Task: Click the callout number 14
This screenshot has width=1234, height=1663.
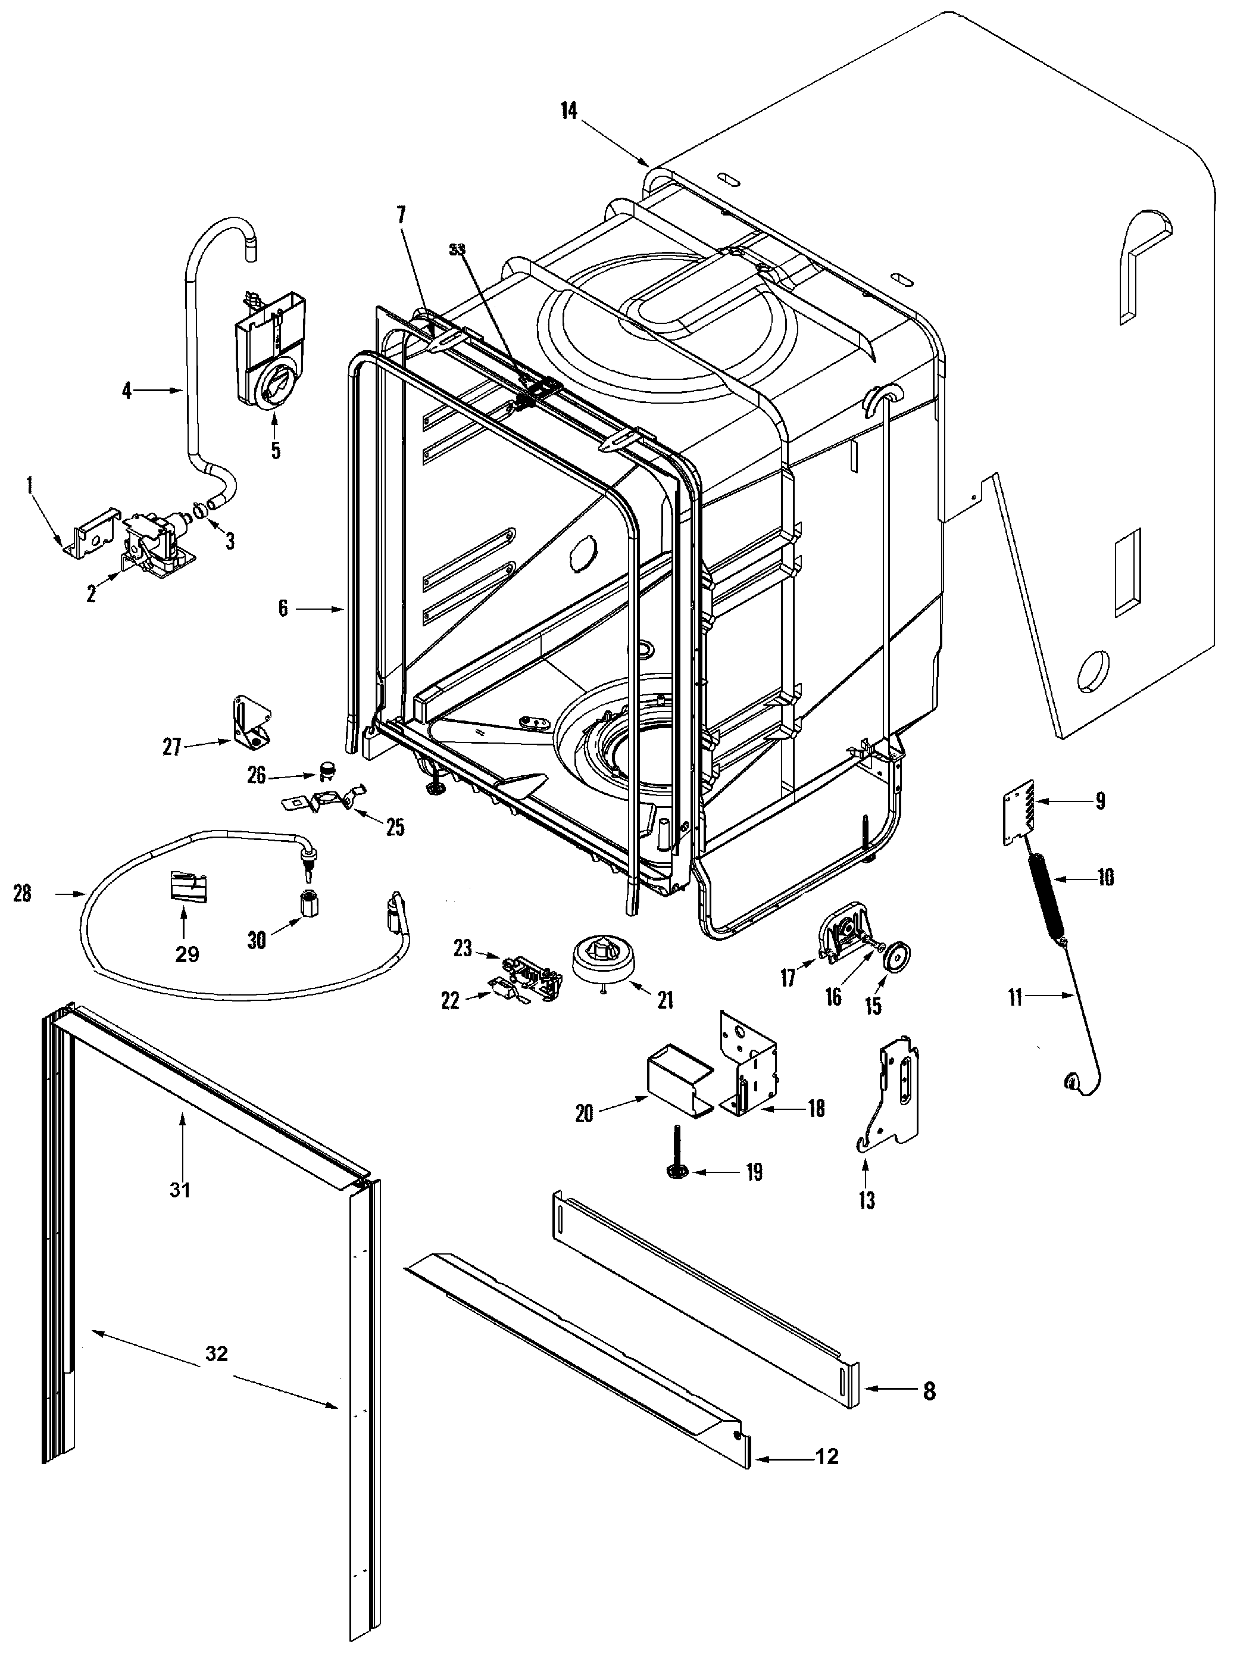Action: (568, 111)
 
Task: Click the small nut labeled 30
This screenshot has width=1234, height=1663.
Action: (308, 906)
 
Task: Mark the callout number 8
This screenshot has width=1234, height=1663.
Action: (929, 1391)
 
